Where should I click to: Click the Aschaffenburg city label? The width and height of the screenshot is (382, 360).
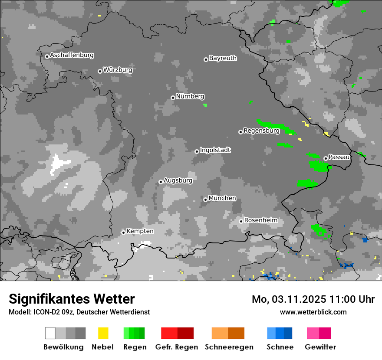click(x=72, y=55)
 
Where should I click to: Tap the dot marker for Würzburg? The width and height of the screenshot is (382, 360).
click(x=100, y=71)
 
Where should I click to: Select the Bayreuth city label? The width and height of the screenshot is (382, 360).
click(x=223, y=58)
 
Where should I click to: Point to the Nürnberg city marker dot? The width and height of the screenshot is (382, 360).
click(x=173, y=98)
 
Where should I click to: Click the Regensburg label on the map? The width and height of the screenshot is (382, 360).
click(x=261, y=131)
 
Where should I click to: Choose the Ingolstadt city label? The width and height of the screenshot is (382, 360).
click(x=215, y=150)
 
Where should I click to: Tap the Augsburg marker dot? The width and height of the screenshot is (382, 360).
click(x=161, y=182)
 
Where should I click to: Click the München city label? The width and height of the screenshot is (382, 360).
click(x=222, y=198)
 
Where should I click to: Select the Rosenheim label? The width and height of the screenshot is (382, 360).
click(x=260, y=220)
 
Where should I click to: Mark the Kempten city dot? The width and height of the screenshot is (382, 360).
click(x=123, y=232)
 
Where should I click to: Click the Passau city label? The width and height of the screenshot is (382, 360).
click(x=339, y=157)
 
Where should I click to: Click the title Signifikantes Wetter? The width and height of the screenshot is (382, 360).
click(x=72, y=299)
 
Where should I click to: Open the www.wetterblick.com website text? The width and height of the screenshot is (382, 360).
click(x=313, y=312)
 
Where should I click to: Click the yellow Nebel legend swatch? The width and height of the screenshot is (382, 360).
click(x=103, y=333)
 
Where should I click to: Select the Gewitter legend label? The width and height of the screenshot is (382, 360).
click(x=320, y=347)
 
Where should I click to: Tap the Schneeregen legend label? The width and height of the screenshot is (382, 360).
click(x=229, y=347)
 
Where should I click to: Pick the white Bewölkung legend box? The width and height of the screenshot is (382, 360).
click(x=50, y=333)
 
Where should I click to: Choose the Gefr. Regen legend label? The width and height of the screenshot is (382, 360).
click(x=176, y=347)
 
